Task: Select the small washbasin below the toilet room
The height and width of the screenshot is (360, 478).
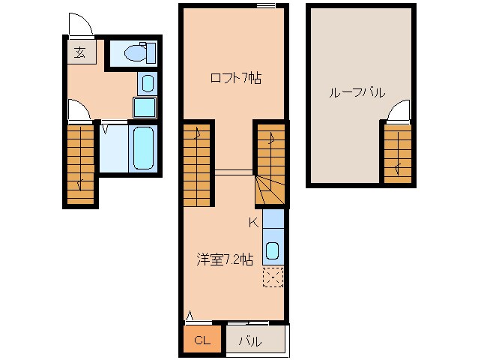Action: pyautogui.click(x=147, y=83)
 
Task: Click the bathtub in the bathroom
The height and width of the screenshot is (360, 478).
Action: pyautogui.click(x=143, y=148)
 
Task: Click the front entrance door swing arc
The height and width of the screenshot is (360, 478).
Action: pyautogui.click(x=79, y=25)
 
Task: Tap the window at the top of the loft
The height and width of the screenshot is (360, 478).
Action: pyautogui.click(x=265, y=6)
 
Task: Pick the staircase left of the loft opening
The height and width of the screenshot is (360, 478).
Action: pyautogui.click(x=199, y=163)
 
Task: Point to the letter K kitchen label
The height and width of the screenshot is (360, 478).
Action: pyautogui.click(x=253, y=221)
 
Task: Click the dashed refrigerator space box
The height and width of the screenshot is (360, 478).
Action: pyautogui.click(x=273, y=277)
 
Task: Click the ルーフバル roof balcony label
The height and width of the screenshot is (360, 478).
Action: pyautogui.click(x=357, y=93)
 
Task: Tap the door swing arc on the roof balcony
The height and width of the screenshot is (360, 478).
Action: pyautogui.click(x=399, y=110)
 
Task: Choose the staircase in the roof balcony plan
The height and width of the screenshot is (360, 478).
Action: pyautogui.click(x=396, y=151)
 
